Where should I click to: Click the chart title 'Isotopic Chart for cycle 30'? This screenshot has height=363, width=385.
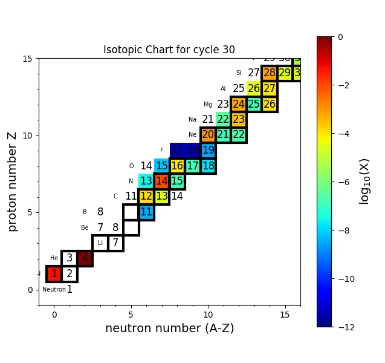pyautogui.click(x=169, y=50)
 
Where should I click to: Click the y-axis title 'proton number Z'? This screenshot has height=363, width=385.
pyautogui.click(x=13, y=181)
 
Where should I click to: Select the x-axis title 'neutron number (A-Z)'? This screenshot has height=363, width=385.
pyautogui.click(x=169, y=329)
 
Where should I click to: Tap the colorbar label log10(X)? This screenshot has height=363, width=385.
pyautogui.click(x=364, y=181)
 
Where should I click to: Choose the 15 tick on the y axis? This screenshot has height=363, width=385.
pyautogui.click(x=27, y=59)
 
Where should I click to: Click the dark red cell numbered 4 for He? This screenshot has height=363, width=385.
pyautogui.click(x=85, y=258)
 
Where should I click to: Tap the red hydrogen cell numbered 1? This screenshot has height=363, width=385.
pyautogui.click(x=54, y=274)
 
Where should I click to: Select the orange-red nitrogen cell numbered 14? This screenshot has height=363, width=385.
pyautogui.click(x=162, y=181)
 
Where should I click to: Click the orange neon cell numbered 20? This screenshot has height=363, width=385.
pyautogui.click(x=208, y=135)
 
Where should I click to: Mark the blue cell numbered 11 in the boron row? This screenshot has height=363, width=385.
pyautogui.click(x=146, y=212)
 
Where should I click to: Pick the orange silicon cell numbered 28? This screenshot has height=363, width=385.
pyautogui.click(x=270, y=73)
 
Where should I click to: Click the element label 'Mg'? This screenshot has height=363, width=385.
pyautogui.click(x=208, y=105)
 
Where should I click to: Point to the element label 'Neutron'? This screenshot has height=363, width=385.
pyautogui.click(x=54, y=290)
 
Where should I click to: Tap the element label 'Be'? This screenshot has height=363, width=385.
pyautogui.click(x=85, y=228)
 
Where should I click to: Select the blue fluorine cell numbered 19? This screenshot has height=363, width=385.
pyautogui.click(x=209, y=150)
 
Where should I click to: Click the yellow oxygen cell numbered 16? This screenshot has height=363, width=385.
pyautogui.click(x=177, y=166)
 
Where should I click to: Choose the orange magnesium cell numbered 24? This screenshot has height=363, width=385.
pyautogui.click(x=239, y=104)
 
